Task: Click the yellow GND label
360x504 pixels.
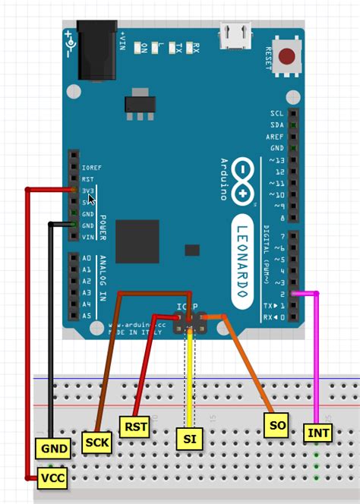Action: click(54, 449)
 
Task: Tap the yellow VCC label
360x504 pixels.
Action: click(53, 478)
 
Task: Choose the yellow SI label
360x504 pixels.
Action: click(188, 439)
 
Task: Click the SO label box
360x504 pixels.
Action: click(277, 425)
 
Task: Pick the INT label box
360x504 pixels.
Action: click(317, 433)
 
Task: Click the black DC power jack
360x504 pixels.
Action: click(98, 49)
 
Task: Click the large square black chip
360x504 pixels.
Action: click(137, 241)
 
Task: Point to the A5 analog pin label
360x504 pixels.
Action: click(87, 316)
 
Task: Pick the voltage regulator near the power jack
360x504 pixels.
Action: click(137, 102)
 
